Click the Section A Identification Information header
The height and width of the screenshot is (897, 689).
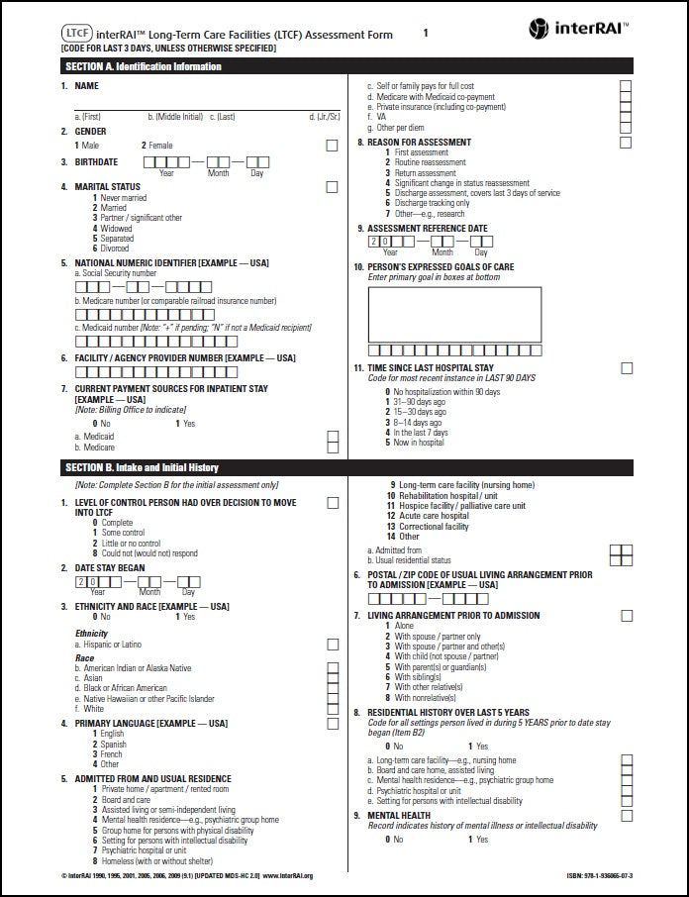143,66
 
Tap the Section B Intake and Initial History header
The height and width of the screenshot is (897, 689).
142,467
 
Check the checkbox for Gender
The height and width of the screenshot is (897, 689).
332,146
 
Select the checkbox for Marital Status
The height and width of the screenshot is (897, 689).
332,186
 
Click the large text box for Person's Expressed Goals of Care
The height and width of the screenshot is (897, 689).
454,312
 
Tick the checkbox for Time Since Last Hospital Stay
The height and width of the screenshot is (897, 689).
626,368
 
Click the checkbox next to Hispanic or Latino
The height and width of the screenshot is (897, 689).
332,645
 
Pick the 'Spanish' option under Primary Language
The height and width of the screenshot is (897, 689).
113,745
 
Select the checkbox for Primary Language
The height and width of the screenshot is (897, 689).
332,724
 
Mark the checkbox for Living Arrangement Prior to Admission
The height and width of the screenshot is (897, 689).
626,616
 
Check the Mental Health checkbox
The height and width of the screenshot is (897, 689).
626,816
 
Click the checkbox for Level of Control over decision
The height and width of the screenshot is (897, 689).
332,503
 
